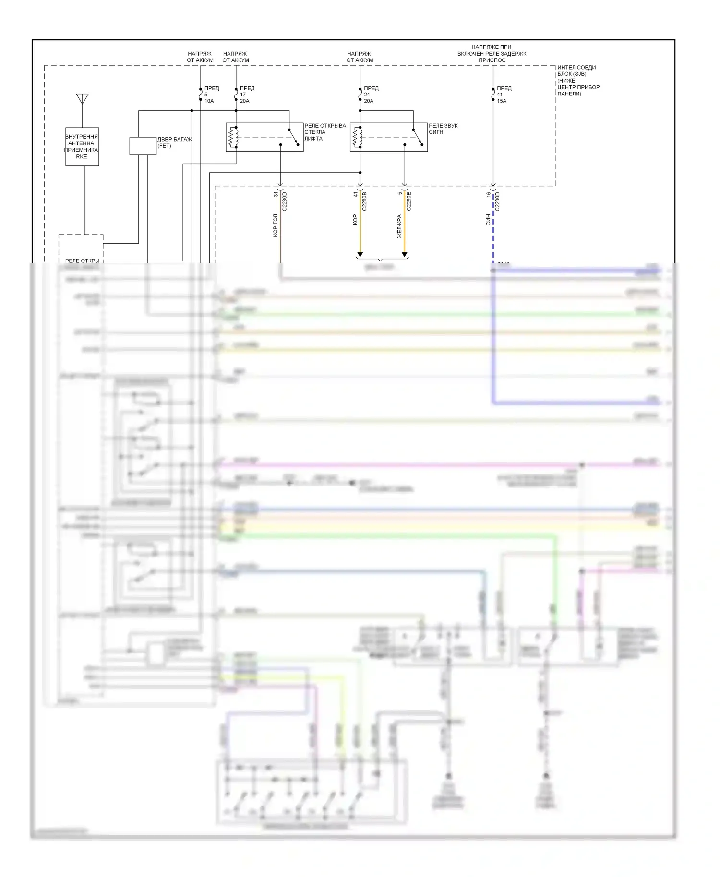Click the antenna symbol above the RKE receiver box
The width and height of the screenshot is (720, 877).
point(82,98)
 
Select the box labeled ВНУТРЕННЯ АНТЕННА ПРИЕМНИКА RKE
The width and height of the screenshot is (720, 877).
point(82,146)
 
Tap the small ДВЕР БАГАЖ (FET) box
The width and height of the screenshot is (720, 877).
point(143,146)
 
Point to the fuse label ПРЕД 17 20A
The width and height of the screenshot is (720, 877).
point(246,95)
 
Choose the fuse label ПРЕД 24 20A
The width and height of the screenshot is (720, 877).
point(371,95)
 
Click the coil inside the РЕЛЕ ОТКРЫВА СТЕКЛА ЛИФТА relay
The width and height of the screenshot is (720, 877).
point(233,137)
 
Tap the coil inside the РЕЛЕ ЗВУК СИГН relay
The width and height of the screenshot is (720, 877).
point(357,137)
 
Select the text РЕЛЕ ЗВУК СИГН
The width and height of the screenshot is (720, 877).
point(443,129)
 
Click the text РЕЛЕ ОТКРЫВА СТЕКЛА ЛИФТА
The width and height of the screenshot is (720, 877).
point(324,132)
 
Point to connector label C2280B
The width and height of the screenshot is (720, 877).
point(364,201)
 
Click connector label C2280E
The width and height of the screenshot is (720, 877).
point(409,201)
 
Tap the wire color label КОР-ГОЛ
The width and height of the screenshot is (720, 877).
point(276,225)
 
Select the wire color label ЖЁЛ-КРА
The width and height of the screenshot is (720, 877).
point(399,226)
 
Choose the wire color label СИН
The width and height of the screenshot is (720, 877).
point(488,220)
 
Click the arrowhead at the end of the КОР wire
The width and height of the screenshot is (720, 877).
point(360,254)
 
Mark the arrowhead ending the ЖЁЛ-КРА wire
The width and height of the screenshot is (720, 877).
point(404,254)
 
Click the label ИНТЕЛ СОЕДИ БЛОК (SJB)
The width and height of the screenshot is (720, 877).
point(577,71)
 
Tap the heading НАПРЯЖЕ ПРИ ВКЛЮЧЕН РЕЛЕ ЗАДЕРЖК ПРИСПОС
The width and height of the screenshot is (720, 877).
point(492,54)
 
